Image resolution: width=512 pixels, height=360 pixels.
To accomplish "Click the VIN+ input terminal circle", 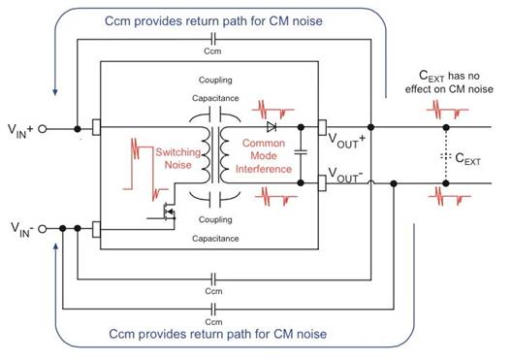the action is click(x=43, y=129).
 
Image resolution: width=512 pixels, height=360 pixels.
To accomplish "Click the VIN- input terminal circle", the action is click(x=43, y=229).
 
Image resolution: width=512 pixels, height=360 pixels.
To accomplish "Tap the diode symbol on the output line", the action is click(x=272, y=127).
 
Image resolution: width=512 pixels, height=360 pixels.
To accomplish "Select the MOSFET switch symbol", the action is click(x=168, y=213).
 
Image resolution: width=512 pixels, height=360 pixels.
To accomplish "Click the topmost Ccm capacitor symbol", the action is click(x=213, y=39).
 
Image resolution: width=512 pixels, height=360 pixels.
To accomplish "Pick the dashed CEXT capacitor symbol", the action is click(x=446, y=156).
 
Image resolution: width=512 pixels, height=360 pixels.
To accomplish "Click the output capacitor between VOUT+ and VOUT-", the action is click(x=301, y=152).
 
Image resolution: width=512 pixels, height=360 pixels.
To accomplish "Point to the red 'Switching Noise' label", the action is click(x=178, y=158).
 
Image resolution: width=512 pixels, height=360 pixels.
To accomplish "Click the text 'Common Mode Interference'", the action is click(x=264, y=156).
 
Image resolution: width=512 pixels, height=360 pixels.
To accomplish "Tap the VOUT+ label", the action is click(x=346, y=141).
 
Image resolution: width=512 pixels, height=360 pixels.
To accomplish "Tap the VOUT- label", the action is click(x=345, y=175).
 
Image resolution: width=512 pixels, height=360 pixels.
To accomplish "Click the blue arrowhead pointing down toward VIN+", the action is click(x=55, y=91).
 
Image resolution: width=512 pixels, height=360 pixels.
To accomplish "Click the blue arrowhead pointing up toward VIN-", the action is click(x=56, y=246).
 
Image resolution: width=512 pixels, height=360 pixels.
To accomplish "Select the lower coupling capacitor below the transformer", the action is click(x=215, y=199).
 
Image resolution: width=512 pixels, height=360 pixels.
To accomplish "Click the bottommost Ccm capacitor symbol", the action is click(x=213, y=309).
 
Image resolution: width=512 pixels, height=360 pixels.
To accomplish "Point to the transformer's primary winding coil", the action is click(x=205, y=154).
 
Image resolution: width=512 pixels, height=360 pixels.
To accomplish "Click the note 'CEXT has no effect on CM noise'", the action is click(x=449, y=82).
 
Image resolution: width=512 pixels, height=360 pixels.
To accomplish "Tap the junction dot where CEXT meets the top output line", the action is click(x=446, y=127).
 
